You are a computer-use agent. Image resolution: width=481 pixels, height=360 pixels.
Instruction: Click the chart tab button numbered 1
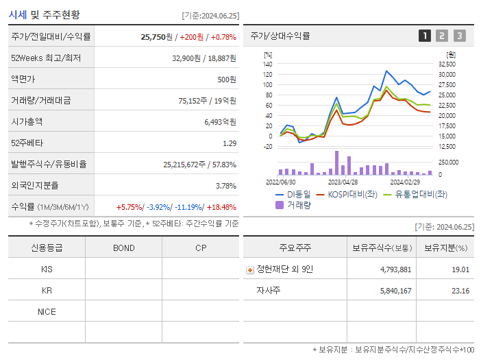tap(425, 36)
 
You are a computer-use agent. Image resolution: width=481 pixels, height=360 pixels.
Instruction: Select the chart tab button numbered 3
tap(459, 36)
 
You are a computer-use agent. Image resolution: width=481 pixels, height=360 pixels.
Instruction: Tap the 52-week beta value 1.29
tap(230, 143)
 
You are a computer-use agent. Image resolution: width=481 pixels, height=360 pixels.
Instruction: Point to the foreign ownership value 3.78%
tap(225, 185)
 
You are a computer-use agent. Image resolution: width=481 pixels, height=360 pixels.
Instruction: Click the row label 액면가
tap(23, 79)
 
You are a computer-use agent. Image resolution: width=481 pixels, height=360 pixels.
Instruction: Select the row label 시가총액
tap(27, 121)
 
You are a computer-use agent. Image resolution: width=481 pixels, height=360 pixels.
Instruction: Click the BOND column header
tap(123, 248)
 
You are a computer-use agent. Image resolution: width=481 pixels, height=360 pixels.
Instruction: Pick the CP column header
tap(200, 248)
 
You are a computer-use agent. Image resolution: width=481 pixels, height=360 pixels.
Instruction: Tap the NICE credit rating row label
tap(47, 311)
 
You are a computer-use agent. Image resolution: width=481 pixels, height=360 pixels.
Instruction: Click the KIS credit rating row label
tap(47, 269)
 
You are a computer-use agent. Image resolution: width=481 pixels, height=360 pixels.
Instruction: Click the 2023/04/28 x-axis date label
tap(343, 182)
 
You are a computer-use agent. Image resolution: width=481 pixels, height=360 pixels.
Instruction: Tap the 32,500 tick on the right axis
tap(447, 64)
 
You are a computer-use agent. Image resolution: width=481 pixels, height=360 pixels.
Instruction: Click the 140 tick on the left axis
tap(267, 64)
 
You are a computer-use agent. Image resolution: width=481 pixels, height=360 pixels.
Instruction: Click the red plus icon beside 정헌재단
tap(250, 269)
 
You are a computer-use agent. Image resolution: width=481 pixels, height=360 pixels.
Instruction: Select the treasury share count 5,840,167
tap(395, 291)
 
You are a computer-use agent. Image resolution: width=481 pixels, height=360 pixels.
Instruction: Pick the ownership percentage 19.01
tap(460, 269)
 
